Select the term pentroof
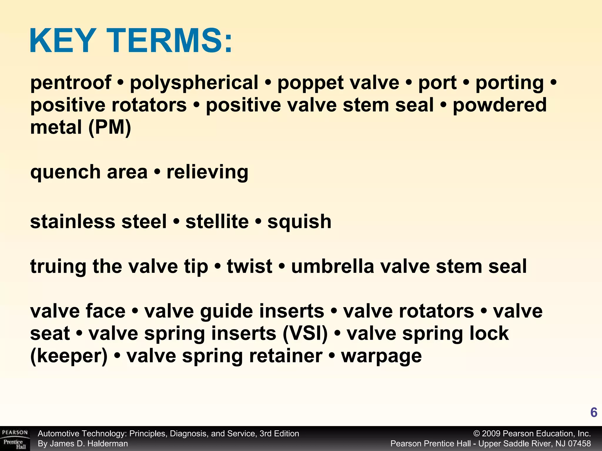click(71, 83)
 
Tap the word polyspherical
click(194, 83)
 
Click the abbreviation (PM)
click(110, 127)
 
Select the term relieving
click(207, 172)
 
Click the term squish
click(299, 221)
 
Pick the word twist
click(249, 266)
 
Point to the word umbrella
click(332, 266)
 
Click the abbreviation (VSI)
click(305, 334)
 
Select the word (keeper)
click(69, 356)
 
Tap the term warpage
click(381, 356)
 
